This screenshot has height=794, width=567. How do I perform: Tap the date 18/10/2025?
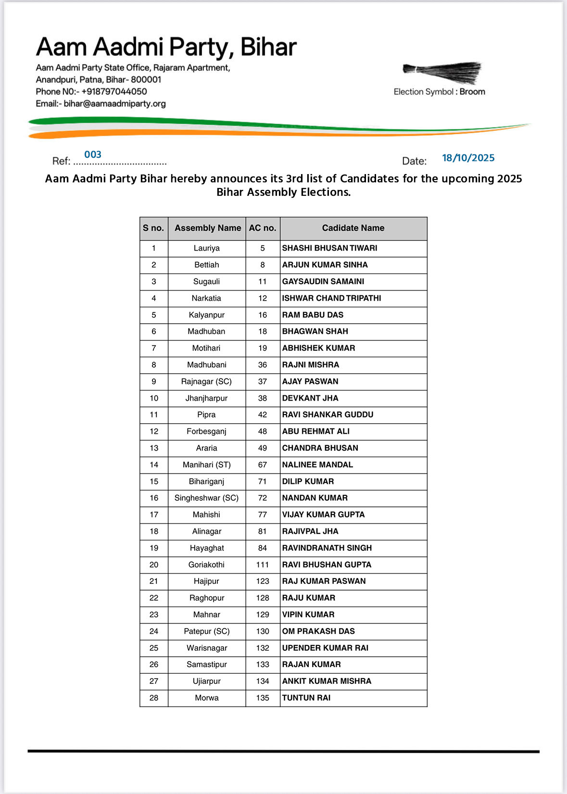coord(468,158)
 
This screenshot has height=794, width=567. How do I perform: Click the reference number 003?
coord(93,154)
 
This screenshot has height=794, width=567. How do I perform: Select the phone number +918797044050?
coord(114,91)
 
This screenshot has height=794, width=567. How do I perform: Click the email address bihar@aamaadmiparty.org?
coord(114,103)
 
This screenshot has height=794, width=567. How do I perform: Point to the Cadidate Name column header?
coord(353,228)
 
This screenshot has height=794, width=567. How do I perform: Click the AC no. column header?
coord(263,228)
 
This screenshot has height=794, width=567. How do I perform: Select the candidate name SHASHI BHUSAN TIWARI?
coord(329,248)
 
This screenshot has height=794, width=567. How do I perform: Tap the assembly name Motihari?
coord(206,348)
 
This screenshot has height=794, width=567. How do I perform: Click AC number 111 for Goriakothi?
coord(263,565)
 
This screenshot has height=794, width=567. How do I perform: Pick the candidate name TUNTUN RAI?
coord(306,698)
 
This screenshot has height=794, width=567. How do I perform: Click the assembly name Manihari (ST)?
coord(206,465)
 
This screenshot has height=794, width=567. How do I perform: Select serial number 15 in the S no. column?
coord(154,481)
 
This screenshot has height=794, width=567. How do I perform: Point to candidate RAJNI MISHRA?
coord(310,365)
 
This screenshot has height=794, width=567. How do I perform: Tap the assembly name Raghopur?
coord(206,598)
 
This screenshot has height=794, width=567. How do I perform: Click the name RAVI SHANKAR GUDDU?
coord(328,415)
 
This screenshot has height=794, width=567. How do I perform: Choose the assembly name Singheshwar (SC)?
coord(206,498)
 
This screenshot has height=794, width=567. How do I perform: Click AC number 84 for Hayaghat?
coord(263,548)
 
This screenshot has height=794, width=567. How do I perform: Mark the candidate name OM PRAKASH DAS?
coord(318,631)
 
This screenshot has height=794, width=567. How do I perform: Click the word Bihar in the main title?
coord(268,47)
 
